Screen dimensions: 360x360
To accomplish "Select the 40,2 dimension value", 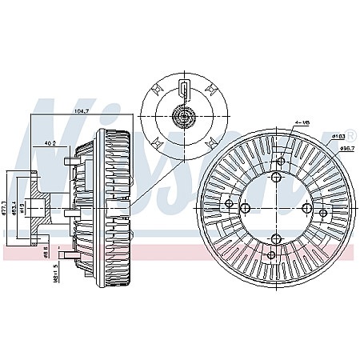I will point(50,144).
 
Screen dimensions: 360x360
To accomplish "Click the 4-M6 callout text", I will point(302,122).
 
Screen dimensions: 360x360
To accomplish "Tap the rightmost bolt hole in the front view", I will point(324,214).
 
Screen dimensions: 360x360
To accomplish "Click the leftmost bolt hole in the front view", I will point(229,204).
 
